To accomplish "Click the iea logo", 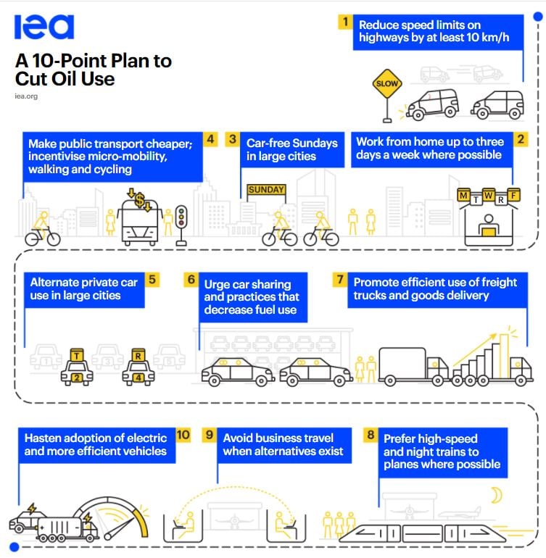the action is pos(44,27).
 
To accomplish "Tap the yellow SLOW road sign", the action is pos(387,84).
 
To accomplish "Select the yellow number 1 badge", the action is pos(345,22).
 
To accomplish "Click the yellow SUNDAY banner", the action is pos(266,190).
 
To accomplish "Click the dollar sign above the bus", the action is pos(140,200).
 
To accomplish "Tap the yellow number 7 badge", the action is pos(340,280).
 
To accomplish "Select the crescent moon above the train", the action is pos(497,495).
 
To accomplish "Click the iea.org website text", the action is pos(26,96).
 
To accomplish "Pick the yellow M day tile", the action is pos(463,196).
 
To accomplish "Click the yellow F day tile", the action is pos(513,195).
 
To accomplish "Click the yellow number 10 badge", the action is pos(183,435).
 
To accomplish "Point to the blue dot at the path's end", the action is pos(14,546).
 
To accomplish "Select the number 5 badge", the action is pos(152,280).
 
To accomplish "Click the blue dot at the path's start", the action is pos(538,17).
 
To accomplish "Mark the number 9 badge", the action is pos(210,435).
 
